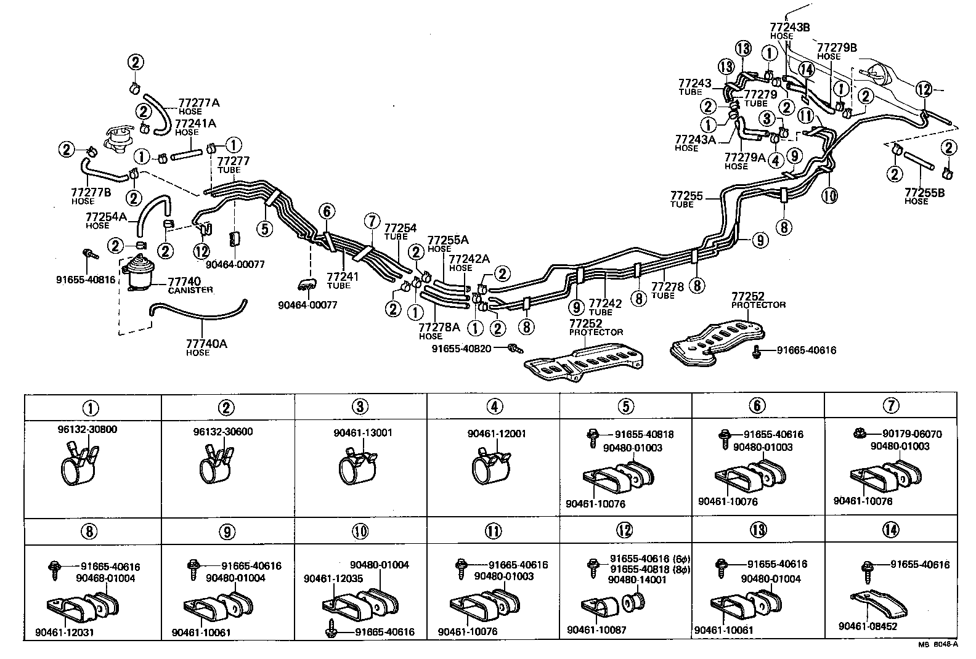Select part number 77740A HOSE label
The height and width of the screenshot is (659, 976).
click(x=206, y=347)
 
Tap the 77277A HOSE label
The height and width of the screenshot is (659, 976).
click(x=198, y=106)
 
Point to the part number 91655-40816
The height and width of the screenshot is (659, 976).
click(x=85, y=279)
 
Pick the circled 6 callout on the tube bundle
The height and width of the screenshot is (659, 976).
click(x=328, y=212)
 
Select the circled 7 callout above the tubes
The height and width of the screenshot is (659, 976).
click(x=372, y=221)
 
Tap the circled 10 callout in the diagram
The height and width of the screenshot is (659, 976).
click(x=829, y=195)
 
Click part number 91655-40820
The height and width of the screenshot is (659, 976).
click(x=461, y=349)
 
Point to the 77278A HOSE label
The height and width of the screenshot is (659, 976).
click(x=439, y=331)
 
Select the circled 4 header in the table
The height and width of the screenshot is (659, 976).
click(x=494, y=406)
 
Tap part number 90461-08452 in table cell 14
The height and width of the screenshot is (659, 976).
click(x=868, y=626)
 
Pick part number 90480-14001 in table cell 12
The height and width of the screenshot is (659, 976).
click(x=636, y=580)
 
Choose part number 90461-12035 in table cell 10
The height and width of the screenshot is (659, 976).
click(x=333, y=579)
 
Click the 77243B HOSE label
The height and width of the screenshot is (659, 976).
click(x=788, y=31)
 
